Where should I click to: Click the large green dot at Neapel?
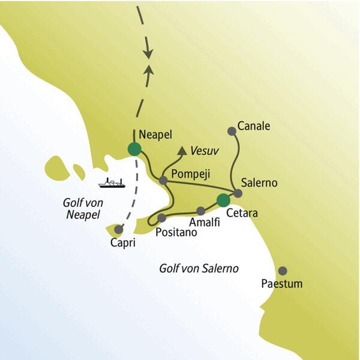(134, 148)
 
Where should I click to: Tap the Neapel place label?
(157, 134)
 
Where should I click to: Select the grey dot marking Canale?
(232, 130)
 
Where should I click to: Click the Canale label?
(254, 127)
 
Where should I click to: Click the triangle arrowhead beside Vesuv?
(181, 151)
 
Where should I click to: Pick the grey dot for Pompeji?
(163, 179)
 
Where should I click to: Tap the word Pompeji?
(189, 173)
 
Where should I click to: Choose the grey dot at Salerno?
(238, 193)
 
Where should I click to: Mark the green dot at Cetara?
(223, 200)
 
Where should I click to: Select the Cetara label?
(241, 212)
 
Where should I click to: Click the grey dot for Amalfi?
(200, 211)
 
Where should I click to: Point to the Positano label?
(176, 232)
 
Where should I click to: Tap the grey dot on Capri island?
(119, 229)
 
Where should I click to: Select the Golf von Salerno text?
(199, 268)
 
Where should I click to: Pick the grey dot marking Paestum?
(283, 271)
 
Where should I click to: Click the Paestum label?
(281, 283)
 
